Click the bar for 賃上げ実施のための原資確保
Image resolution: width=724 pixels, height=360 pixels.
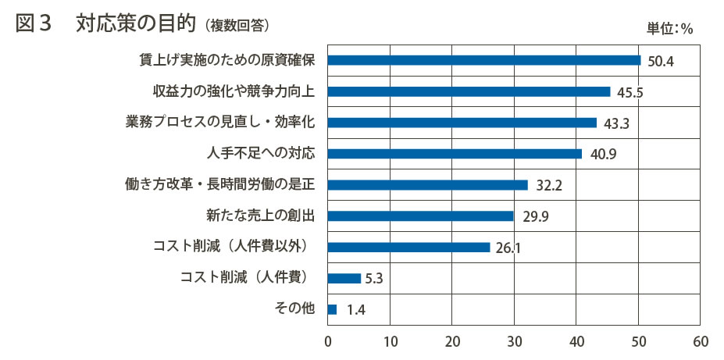(x=484, y=60)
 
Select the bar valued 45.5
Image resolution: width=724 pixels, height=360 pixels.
(x=469, y=91)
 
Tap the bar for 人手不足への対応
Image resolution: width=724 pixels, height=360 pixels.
(x=455, y=154)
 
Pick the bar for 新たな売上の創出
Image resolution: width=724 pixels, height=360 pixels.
(x=421, y=216)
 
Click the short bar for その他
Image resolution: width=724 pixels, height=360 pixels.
(x=333, y=309)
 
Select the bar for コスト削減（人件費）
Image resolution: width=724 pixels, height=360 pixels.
(x=344, y=278)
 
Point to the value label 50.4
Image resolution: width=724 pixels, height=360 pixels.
(x=660, y=61)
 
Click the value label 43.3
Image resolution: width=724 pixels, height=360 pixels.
(x=615, y=123)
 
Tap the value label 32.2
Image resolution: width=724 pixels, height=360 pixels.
(x=549, y=186)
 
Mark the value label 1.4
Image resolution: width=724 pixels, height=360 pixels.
(x=356, y=310)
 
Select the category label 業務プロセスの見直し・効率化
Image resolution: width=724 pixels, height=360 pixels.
(x=220, y=123)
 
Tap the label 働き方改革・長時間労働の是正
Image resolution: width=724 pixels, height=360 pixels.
(x=219, y=185)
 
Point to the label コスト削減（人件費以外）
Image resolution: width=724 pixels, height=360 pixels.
(x=233, y=248)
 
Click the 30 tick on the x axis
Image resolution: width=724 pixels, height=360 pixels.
(x=514, y=341)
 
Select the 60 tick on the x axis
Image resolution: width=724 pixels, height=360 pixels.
(x=701, y=341)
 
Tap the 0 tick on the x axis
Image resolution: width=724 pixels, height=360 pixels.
(x=328, y=341)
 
